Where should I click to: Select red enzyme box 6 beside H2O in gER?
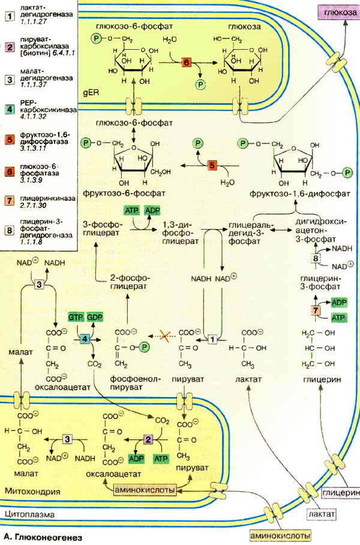[186, 62]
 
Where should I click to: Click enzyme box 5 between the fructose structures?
[211, 165]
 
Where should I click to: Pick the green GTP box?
[76, 317]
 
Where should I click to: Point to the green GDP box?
[95, 317]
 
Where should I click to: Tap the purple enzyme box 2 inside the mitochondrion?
[148, 441]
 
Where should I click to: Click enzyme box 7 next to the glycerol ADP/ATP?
[316, 310]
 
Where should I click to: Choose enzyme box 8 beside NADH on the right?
[316, 258]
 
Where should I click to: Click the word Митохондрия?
[32, 491]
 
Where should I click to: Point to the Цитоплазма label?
[29, 514]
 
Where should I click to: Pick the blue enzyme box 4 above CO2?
[84, 339]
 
